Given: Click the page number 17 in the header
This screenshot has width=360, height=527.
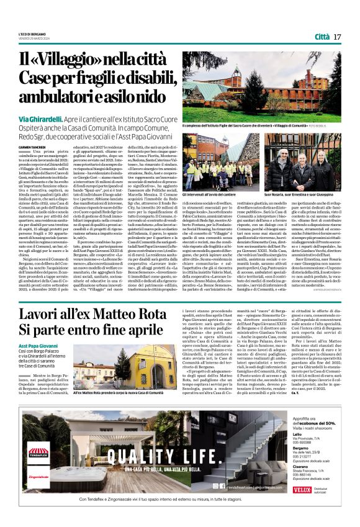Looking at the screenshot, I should coord(337,37).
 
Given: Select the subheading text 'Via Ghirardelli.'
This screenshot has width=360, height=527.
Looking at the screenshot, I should coord(40,118).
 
